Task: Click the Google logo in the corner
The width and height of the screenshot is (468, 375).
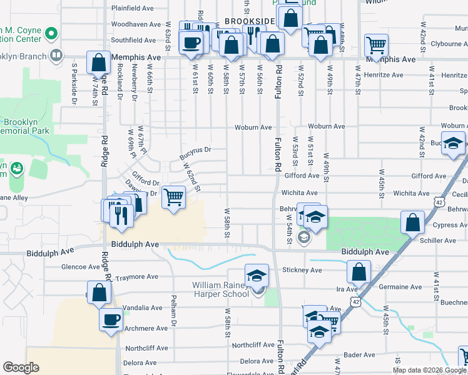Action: tap(21, 368)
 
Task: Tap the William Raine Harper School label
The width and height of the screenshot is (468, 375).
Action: tap(220, 289)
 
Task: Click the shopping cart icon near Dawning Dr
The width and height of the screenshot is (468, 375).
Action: tap(174, 198)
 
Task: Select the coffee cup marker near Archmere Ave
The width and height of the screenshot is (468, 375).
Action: tap(111, 319)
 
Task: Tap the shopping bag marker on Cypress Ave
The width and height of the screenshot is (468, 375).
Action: tap(412, 222)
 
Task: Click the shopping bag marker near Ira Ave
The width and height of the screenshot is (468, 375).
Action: tap(359, 271)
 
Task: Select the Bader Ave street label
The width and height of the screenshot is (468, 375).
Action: tap(359, 354)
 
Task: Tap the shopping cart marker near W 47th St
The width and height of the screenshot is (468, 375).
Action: tap(376, 44)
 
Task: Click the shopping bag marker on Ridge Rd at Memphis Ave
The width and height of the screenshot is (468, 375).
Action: tap(99, 62)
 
